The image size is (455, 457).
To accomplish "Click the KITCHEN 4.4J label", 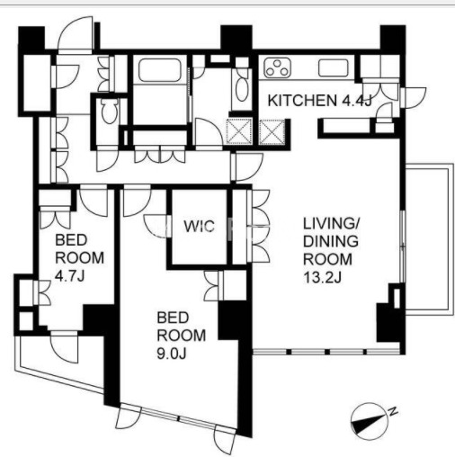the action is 320,101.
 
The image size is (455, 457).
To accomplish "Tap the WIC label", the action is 200,226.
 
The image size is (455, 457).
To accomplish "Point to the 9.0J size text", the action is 172,354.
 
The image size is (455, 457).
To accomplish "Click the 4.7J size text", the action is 70,276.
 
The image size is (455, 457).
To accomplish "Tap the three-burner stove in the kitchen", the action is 277,68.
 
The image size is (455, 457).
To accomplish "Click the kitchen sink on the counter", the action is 334,67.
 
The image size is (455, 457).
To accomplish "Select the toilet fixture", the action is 108,111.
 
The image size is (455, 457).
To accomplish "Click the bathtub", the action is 160,69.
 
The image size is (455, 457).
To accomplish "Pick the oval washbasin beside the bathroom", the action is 242,88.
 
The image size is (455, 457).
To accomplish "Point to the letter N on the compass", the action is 393,411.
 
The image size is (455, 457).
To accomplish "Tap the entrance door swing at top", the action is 76,33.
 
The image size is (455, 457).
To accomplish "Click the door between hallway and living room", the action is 247,166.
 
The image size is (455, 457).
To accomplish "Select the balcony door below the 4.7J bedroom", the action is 64,346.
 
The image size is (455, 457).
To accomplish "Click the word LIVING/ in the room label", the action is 331,224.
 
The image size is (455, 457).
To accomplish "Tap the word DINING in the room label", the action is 331,241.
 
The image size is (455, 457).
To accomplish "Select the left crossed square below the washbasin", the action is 239,130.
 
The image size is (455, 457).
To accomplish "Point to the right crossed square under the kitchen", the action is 272,131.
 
